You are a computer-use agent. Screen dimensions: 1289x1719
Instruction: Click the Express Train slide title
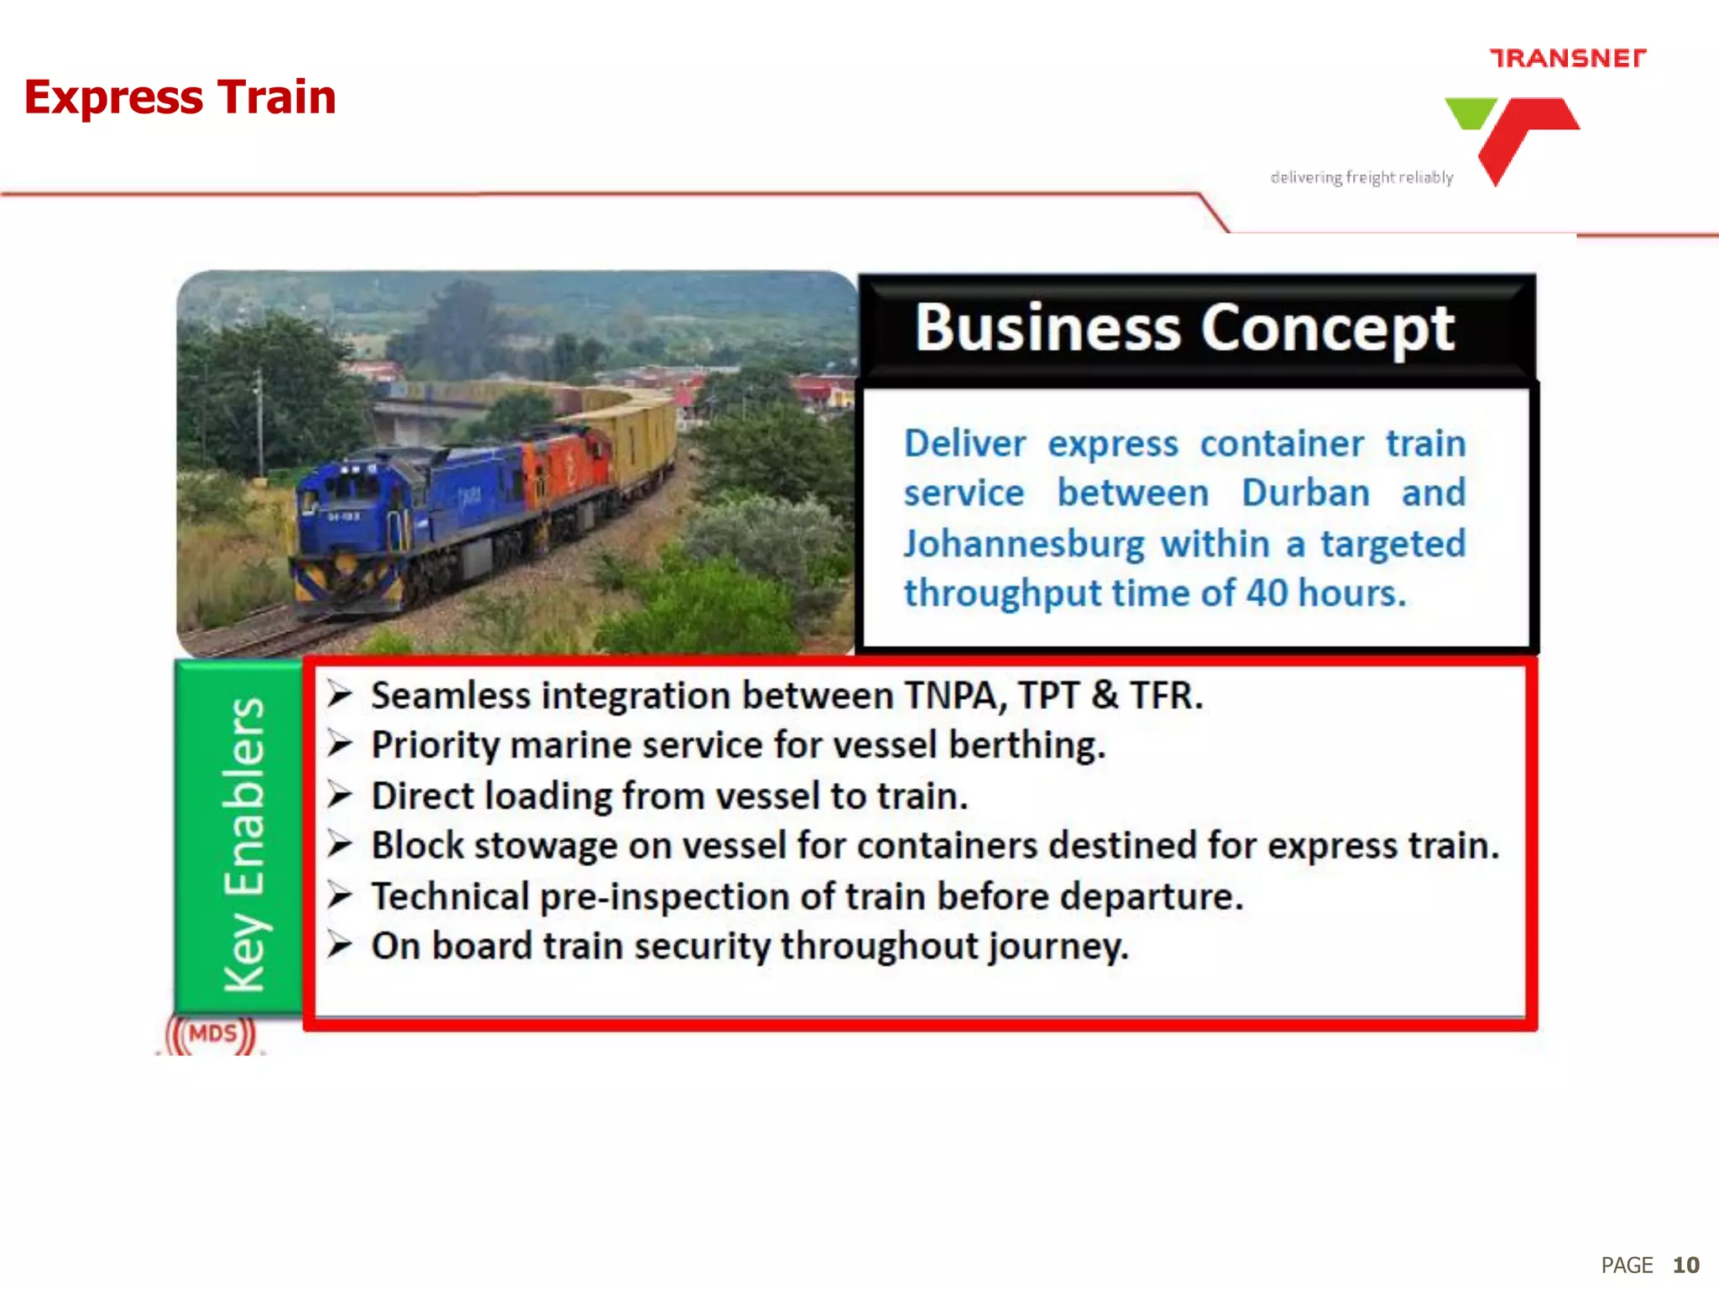pyautogui.click(x=180, y=97)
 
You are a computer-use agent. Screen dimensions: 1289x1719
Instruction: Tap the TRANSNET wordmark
pyautogui.click(x=1567, y=58)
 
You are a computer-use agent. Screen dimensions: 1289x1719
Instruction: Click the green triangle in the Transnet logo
pyautogui.click(x=1471, y=112)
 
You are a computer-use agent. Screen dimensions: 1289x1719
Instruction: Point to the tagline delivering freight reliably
pyautogui.click(x=1361, y=177)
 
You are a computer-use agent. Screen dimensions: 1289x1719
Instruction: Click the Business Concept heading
pyautogui.click(x=1184, y=328)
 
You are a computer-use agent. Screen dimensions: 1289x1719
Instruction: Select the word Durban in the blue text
pyautogui.click(x=1305, y=493)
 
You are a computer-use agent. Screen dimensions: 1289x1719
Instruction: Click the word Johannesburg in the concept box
pyautogui.click(x=1023, y=544)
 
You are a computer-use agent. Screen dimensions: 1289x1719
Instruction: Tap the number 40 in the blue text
pyautogui.click(x=1266, y=593)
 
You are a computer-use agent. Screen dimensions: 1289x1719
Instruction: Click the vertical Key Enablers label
pyautogui.click(x=243, y=843)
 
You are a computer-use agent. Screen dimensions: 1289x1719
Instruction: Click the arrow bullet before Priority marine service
pyautogui.click(x=340, y=744)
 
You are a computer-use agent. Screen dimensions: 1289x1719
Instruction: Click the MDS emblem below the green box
pyautogui.click(x=212, y=1034)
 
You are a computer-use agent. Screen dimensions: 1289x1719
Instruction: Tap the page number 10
pyautogui.click(x=1685, y=1265)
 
